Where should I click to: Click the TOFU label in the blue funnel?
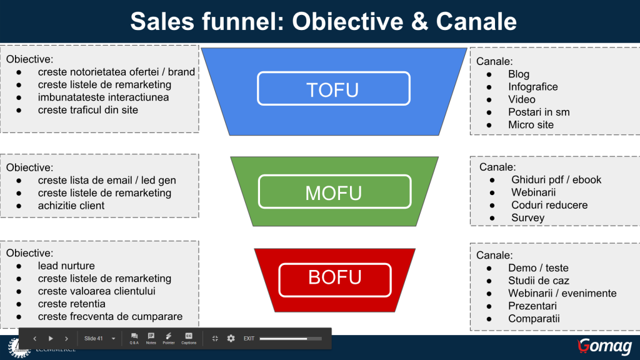click(333, 89)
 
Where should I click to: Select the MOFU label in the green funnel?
click(334, 192)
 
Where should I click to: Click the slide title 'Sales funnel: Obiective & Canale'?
click(323, 22)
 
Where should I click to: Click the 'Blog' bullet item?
click(518, 74)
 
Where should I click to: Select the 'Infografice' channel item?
click(532, 87)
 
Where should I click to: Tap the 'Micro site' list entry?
click(531, 125)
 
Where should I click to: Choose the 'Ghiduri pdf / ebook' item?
click(556, 180)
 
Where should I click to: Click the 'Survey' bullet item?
click(527, 218)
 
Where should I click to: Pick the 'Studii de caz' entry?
click(538, 281)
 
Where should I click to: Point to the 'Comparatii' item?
click(534, 319)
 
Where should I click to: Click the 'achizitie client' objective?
click(71, 206)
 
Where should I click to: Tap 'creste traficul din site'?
click(88, 110)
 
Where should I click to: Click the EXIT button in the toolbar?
click(249, 339)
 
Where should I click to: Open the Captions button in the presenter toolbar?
click(189, 338)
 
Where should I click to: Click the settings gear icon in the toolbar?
click(231, 338)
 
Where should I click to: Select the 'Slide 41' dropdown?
click(100, 339)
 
